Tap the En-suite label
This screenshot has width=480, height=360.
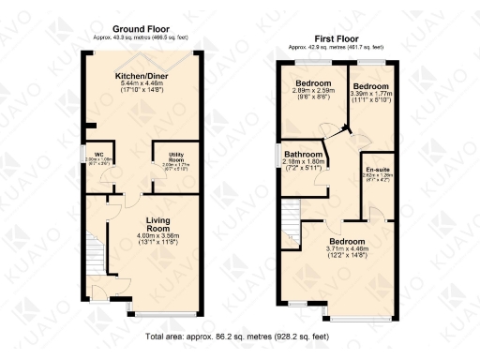point(376,169)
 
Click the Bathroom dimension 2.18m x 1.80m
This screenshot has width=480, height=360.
point(304,163)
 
